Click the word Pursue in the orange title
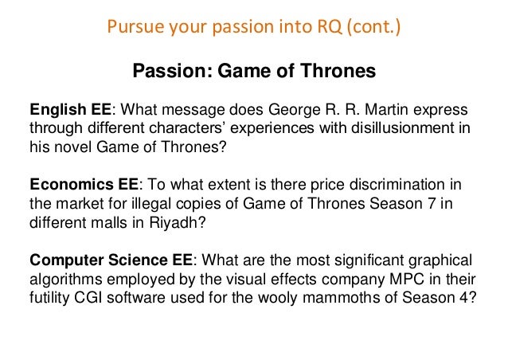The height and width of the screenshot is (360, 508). click(x=129, y=30)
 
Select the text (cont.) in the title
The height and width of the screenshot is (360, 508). click(x=373, y=30)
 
